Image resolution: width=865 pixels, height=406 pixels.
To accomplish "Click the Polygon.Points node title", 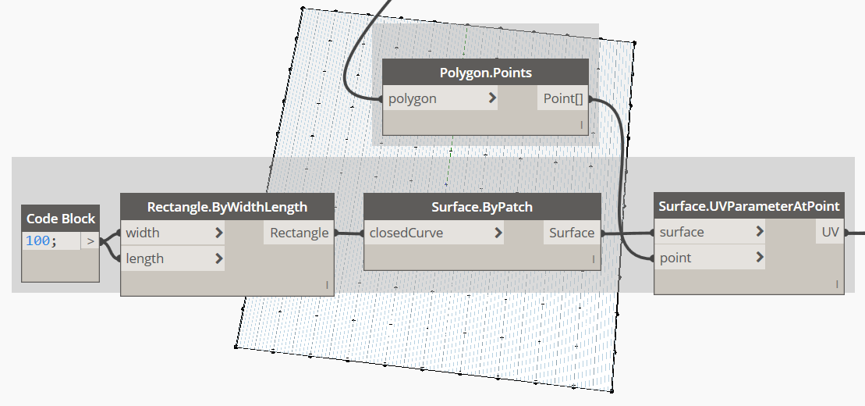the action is click(x=485, y=73).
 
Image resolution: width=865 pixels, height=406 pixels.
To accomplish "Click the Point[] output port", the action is click(x=562, y=99).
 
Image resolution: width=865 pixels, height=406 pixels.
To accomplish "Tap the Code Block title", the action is click(x=61, y=219).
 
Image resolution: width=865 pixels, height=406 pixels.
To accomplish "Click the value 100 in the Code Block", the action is click(x=37, y=240).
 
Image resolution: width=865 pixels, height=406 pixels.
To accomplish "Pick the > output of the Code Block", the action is click(x=90, y=240).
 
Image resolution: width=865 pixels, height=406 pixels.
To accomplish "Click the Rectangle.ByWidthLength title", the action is click(x=227, y=207).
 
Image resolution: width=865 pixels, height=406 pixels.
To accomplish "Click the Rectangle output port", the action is click(x=299, y=233).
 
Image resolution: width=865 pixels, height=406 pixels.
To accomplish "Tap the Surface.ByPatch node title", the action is click(x=482, y=207).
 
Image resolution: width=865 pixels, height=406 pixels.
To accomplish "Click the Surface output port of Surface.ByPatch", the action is click(x=572, y=233).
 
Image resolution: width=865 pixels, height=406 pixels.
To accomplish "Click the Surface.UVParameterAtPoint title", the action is click(x=749, y=207).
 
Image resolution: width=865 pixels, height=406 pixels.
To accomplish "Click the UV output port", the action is click(x=830, y=232).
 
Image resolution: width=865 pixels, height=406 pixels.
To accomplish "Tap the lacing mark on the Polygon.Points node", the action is click(x=581, y=126).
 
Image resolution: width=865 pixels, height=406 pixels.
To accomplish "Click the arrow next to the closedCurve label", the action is click(x=498, y=233).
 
